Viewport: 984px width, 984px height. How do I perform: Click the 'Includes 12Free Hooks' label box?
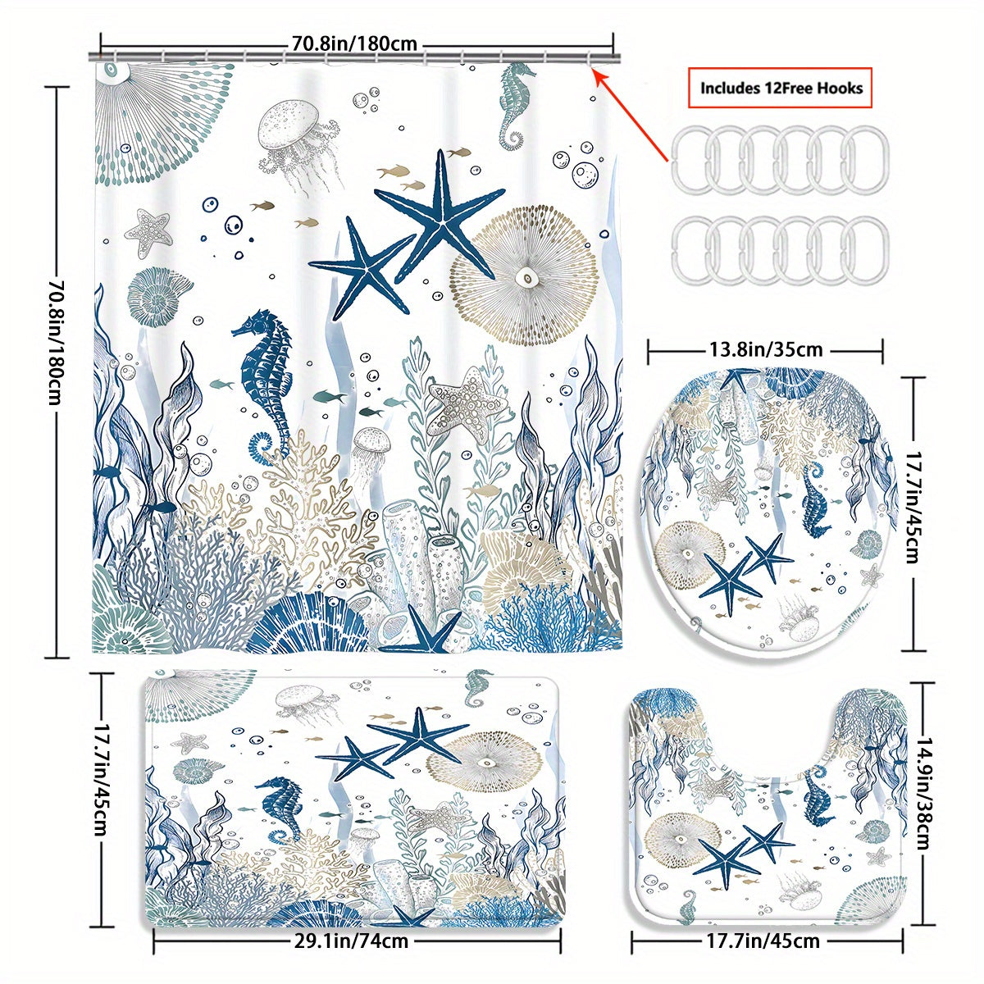(780, 87)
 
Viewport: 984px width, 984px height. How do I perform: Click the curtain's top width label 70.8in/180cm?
(354, 43)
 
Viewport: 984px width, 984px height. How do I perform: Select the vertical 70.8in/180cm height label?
(56, 342)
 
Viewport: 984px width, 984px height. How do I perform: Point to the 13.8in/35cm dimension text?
(766, 350)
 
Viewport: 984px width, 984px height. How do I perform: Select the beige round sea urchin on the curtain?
(523, 275)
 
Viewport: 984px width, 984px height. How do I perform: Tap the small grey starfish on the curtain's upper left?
(148, 230)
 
